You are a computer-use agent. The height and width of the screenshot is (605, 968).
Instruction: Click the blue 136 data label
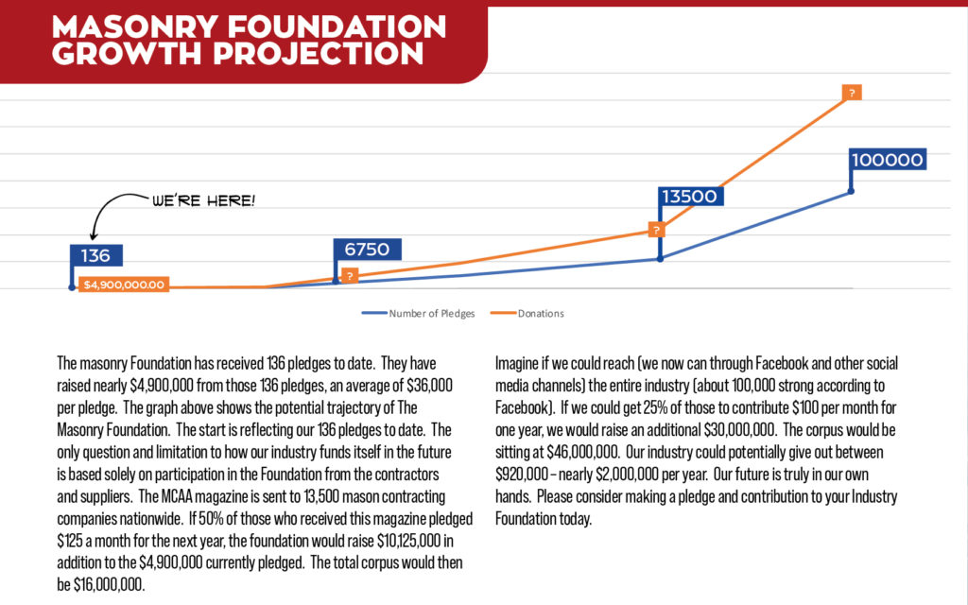coord(96,255)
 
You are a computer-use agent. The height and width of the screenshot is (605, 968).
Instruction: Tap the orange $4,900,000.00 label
coord(124,285)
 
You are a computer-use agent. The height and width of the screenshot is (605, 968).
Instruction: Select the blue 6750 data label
coord(368,250)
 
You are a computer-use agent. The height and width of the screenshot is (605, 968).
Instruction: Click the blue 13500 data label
coord(692,197)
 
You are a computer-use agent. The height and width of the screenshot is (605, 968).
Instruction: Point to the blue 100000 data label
coord(887,160)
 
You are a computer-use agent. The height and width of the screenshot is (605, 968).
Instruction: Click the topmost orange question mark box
coord(852,93)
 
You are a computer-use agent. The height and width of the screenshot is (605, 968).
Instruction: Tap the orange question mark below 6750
coord(350,276)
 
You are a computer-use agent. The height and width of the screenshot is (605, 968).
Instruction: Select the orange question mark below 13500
coord(655,230)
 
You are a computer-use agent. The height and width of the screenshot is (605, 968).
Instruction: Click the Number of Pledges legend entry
coord(431,313)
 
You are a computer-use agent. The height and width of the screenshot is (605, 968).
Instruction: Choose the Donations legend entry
coord(540,313)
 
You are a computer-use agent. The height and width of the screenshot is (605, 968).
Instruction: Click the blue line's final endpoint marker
coord(851,192)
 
